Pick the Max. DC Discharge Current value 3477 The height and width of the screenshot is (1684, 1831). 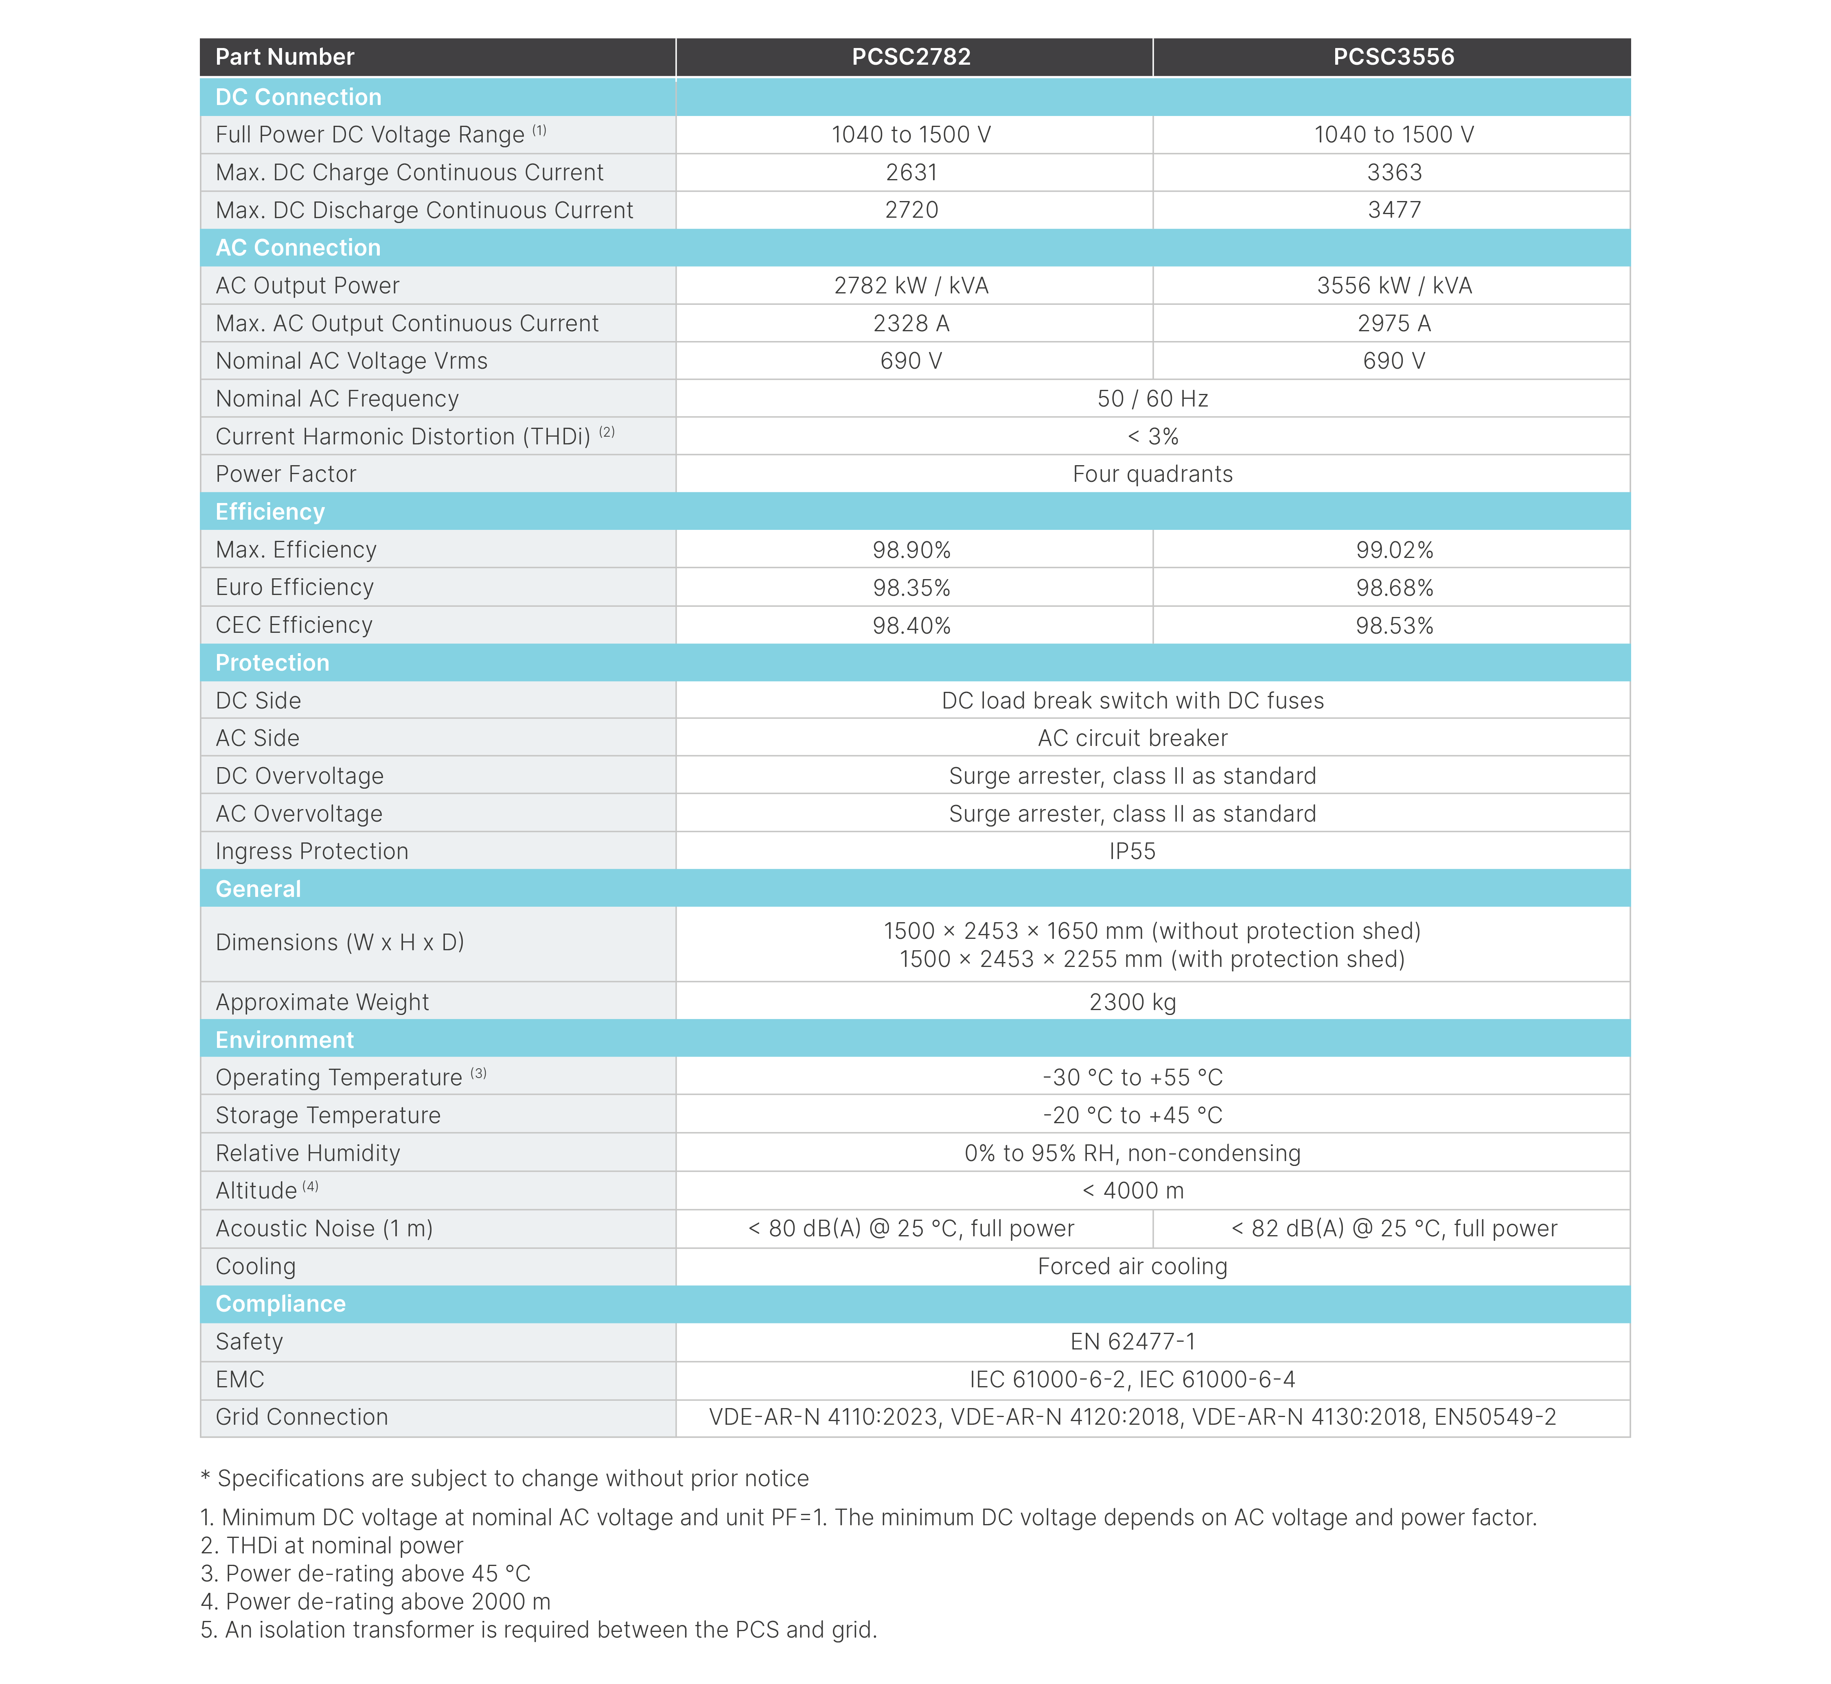[x=1393, y=210]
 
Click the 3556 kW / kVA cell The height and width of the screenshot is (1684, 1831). [x=1393, y=285]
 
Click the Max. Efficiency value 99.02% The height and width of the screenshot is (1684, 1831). [x=1393, y=549]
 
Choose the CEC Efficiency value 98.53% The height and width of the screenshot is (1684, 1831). [x=1393, y=625]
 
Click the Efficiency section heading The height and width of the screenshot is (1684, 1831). [x=270, y=511]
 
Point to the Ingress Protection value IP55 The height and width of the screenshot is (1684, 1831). [x=1132, y=851]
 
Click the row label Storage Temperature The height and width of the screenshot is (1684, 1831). [x=328, y=1115]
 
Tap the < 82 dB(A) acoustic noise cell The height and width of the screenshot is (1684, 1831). [x=1393, y=1228]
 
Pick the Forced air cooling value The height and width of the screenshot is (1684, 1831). [x=1132, y=1266]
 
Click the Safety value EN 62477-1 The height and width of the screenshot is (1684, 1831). [x=1132, y=1341]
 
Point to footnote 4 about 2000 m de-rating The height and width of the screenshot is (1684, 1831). [x=375, y=1601]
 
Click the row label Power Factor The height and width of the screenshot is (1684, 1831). [x=285, y=474]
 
